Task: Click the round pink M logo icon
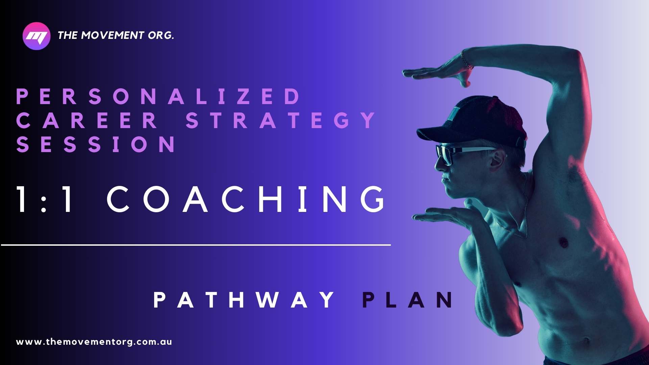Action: click(x=37, y=36)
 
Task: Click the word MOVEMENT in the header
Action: click(x=113, y=35)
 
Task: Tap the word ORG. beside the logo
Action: click(x=161, y=35)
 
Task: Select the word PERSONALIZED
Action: click(x=158, y=96)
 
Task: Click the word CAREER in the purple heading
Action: click(x=87, y=120)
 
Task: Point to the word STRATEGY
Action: click(x=281, y=120)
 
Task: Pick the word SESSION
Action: click(x=96, y=144)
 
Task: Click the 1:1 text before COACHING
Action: click(x=44, y=199)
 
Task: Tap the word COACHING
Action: click(x=246, y=199)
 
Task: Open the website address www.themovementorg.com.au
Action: click(x=94, y=342)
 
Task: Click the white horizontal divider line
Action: click(x=196, y=245)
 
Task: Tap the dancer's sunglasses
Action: click(x=465, y=153)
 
